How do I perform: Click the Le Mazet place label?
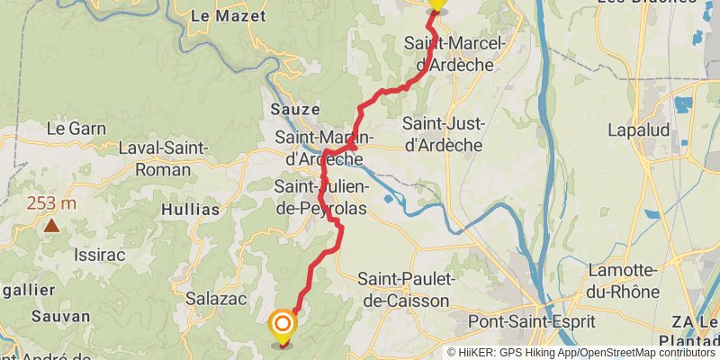(x=229, y=15)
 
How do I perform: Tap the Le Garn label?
(x=76, y=129)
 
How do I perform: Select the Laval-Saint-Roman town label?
(x=163, y=158)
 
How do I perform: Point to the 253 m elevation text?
(x=51, y=203)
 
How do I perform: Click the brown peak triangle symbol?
(x=52, y=225)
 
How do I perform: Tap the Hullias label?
(x=190, y=210)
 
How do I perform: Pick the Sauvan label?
(x=60, y=316)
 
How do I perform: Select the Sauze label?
(x=289, y=109)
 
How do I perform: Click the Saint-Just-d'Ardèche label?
(x=443, y=134)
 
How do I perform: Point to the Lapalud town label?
(x=639, y=130)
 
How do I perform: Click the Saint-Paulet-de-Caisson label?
(x=407, y=290)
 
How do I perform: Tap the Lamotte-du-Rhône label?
(x=624, y=281)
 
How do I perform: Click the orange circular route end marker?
(x=283, y=325)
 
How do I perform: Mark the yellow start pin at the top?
(x=436, y=4)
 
